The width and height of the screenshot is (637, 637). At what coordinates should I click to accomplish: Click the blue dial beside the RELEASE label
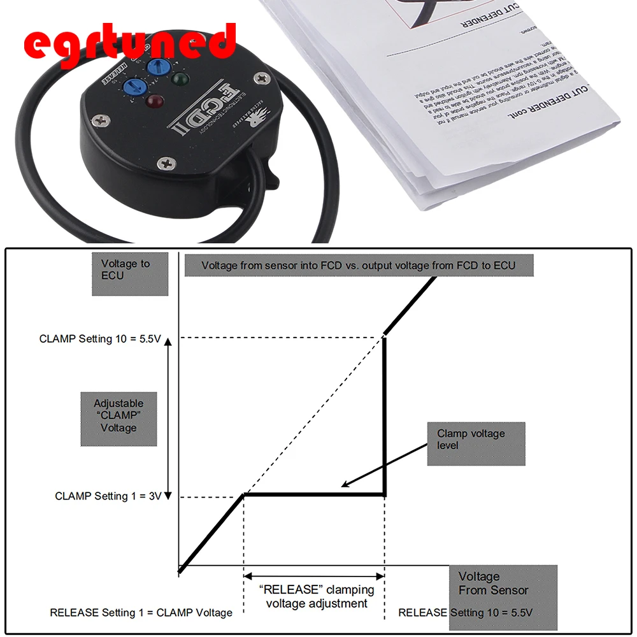point(132,89)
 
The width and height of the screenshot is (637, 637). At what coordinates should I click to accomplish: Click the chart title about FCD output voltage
point(359,265)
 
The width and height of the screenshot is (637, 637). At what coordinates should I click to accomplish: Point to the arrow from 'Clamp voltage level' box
point(382,466)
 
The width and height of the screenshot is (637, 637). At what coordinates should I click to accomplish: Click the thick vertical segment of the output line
point(384,414)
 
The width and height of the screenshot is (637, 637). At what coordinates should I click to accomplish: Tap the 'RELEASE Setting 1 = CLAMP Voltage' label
point(141,613)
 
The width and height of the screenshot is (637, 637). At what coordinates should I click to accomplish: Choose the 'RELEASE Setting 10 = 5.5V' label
point(465,613)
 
